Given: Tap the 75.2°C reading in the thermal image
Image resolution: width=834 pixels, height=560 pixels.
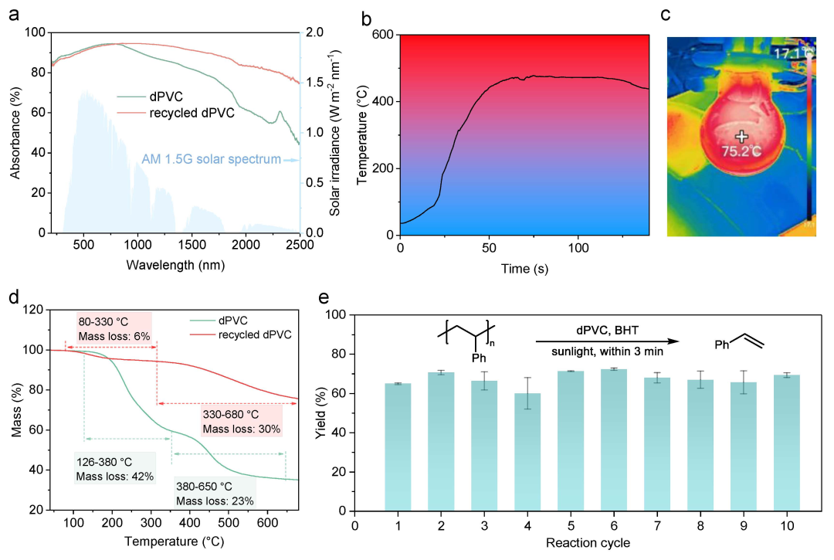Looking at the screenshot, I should pyautogui.click(x=741, y=152).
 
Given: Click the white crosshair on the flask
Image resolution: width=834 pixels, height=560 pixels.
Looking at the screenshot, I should pyautogui.click(x=741, y=136).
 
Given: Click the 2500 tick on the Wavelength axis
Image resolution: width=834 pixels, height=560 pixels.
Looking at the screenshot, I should pyautogui.click(x=299, y=245).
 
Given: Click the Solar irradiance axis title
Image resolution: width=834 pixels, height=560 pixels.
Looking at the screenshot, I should pyautogui.click(x=335, y=132).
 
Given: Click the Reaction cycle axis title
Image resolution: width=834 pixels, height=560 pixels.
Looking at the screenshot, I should pyautogui.click(x=590, y=542).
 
